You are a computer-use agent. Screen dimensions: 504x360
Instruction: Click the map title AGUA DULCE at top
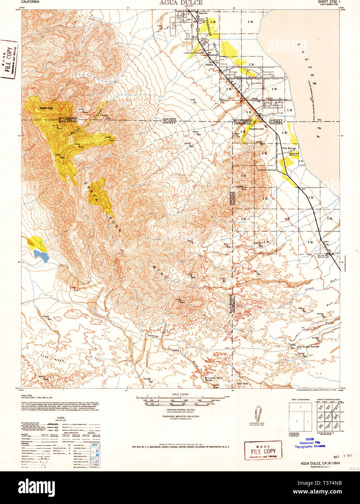tap(180, 3)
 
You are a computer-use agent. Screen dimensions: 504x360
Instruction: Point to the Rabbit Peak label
tap(46, 108)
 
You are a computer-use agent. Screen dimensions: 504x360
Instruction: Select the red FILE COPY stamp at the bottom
tap(263, 451)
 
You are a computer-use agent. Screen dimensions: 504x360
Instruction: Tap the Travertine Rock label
tap(257, 129)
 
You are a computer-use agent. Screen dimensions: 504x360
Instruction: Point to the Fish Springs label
tap(289, 148)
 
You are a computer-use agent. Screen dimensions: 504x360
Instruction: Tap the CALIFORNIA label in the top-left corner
tap(31, 2)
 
